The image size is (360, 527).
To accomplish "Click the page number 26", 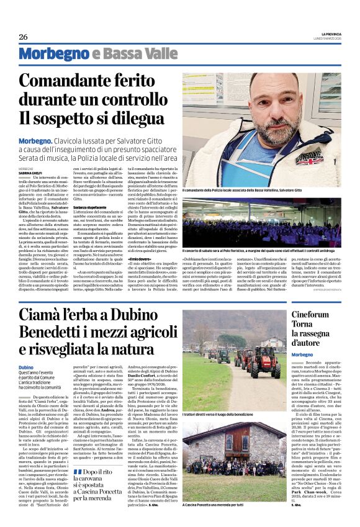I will tap(23, 37).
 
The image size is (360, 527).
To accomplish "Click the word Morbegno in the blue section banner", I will tap(47, 54).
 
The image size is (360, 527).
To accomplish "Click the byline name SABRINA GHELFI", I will tap(30, 154).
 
